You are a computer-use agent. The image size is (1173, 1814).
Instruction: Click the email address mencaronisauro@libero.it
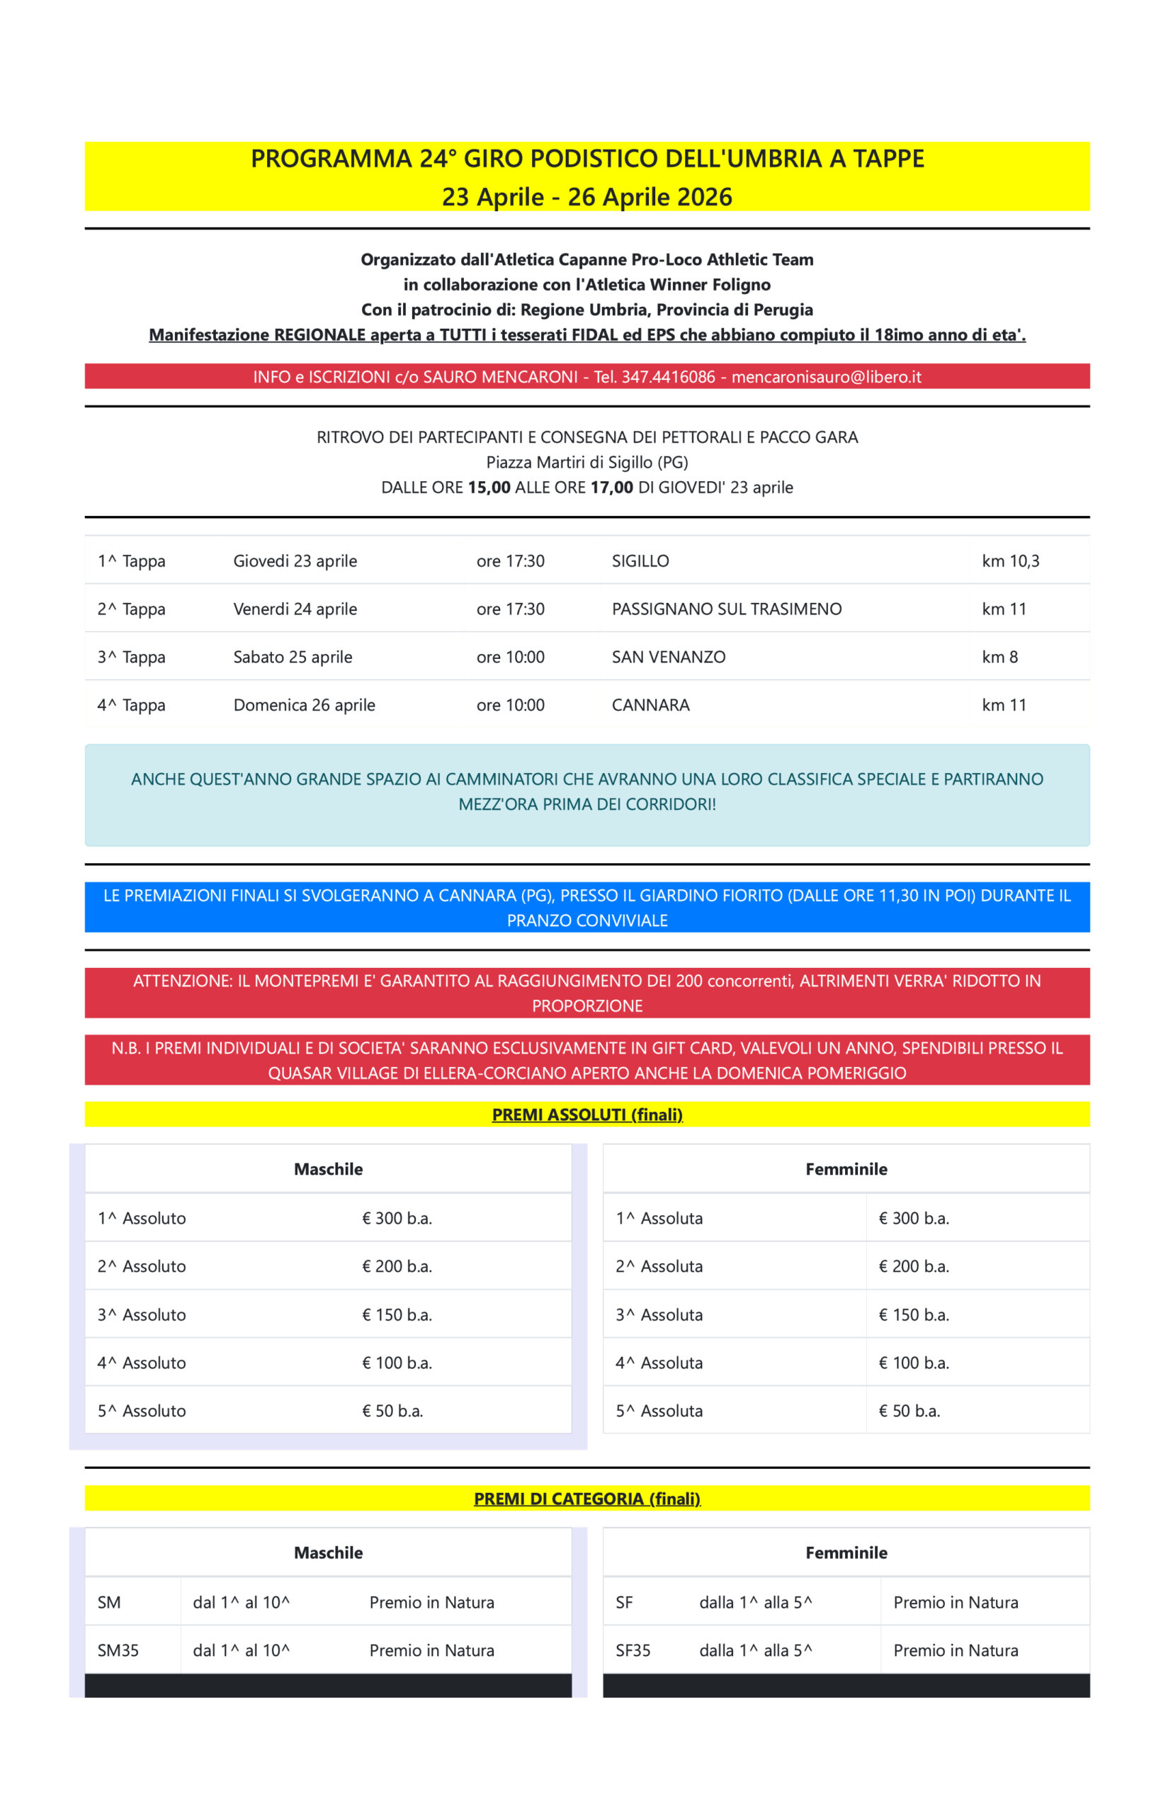826,377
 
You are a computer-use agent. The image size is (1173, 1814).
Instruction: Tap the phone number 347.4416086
668,377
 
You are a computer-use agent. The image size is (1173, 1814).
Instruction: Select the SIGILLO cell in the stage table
640,560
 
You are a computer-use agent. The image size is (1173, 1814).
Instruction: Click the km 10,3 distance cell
1010,560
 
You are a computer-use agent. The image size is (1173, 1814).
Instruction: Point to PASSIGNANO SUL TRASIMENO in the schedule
726,609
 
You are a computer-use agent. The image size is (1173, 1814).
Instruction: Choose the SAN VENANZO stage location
668,657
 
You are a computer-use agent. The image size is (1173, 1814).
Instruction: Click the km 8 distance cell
999,657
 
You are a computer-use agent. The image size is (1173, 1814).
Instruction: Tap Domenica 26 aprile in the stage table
304,705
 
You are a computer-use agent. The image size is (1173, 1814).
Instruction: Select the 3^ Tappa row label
131,657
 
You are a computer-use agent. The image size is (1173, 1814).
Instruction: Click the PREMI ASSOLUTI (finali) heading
586,1115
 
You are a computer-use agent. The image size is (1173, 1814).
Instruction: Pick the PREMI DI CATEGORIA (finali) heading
586,1499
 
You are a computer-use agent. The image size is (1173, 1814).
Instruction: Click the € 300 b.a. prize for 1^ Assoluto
397,1218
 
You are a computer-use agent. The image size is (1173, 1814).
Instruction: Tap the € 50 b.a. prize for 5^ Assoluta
909,1411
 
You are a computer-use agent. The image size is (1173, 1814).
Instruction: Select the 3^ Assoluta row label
659,1315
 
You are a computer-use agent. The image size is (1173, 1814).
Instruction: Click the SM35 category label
118,1650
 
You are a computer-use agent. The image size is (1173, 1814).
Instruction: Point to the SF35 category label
633,1650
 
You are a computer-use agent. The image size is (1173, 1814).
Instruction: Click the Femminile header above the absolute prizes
846,1169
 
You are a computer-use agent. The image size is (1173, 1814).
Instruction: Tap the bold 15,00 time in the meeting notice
489,488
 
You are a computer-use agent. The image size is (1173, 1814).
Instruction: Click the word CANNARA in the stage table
650,705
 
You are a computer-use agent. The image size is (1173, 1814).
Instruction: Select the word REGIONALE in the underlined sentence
319,335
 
